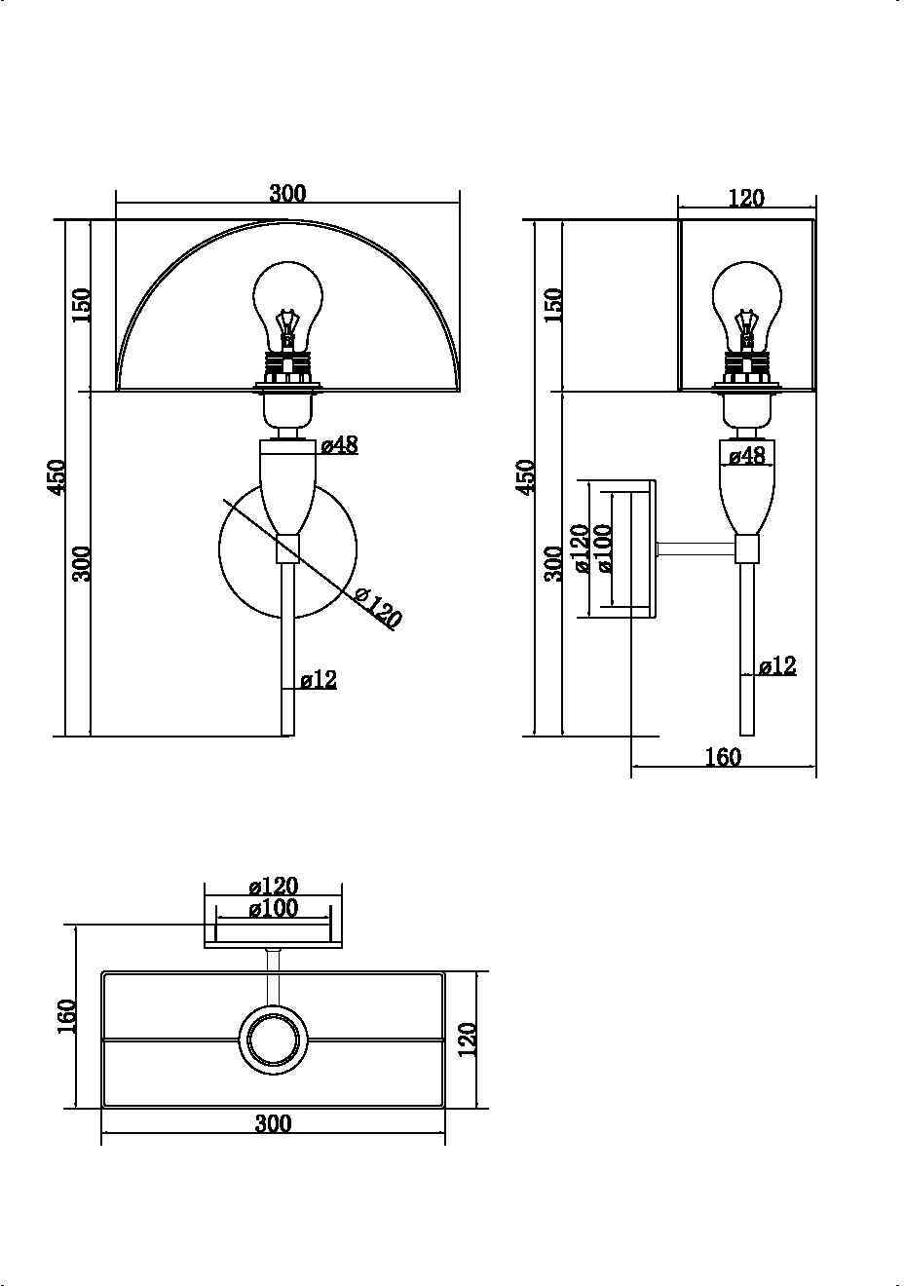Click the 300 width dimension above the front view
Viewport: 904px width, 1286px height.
[287, 193]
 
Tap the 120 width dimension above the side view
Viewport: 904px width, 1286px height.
[746, 198]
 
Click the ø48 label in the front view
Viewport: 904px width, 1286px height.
[340, 445]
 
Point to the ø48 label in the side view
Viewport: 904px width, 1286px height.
[747, 455]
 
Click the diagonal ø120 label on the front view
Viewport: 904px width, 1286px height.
[377, 608]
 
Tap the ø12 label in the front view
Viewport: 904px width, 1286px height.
[319, 679]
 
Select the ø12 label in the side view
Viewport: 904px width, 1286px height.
[777, 666]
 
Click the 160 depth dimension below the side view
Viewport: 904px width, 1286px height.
[723, 757]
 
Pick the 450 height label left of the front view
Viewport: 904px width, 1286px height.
[57, 477]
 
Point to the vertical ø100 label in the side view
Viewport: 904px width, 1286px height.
[604, 548]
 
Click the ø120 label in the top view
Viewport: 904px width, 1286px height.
[274, 887]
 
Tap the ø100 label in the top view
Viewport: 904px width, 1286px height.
[274, 909]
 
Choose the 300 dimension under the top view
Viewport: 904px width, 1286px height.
[274, 1123]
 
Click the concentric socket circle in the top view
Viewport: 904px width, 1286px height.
[273, 1040]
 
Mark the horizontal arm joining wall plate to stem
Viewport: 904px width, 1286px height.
[696, 550]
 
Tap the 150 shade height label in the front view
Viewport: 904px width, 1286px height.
[81, 305]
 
